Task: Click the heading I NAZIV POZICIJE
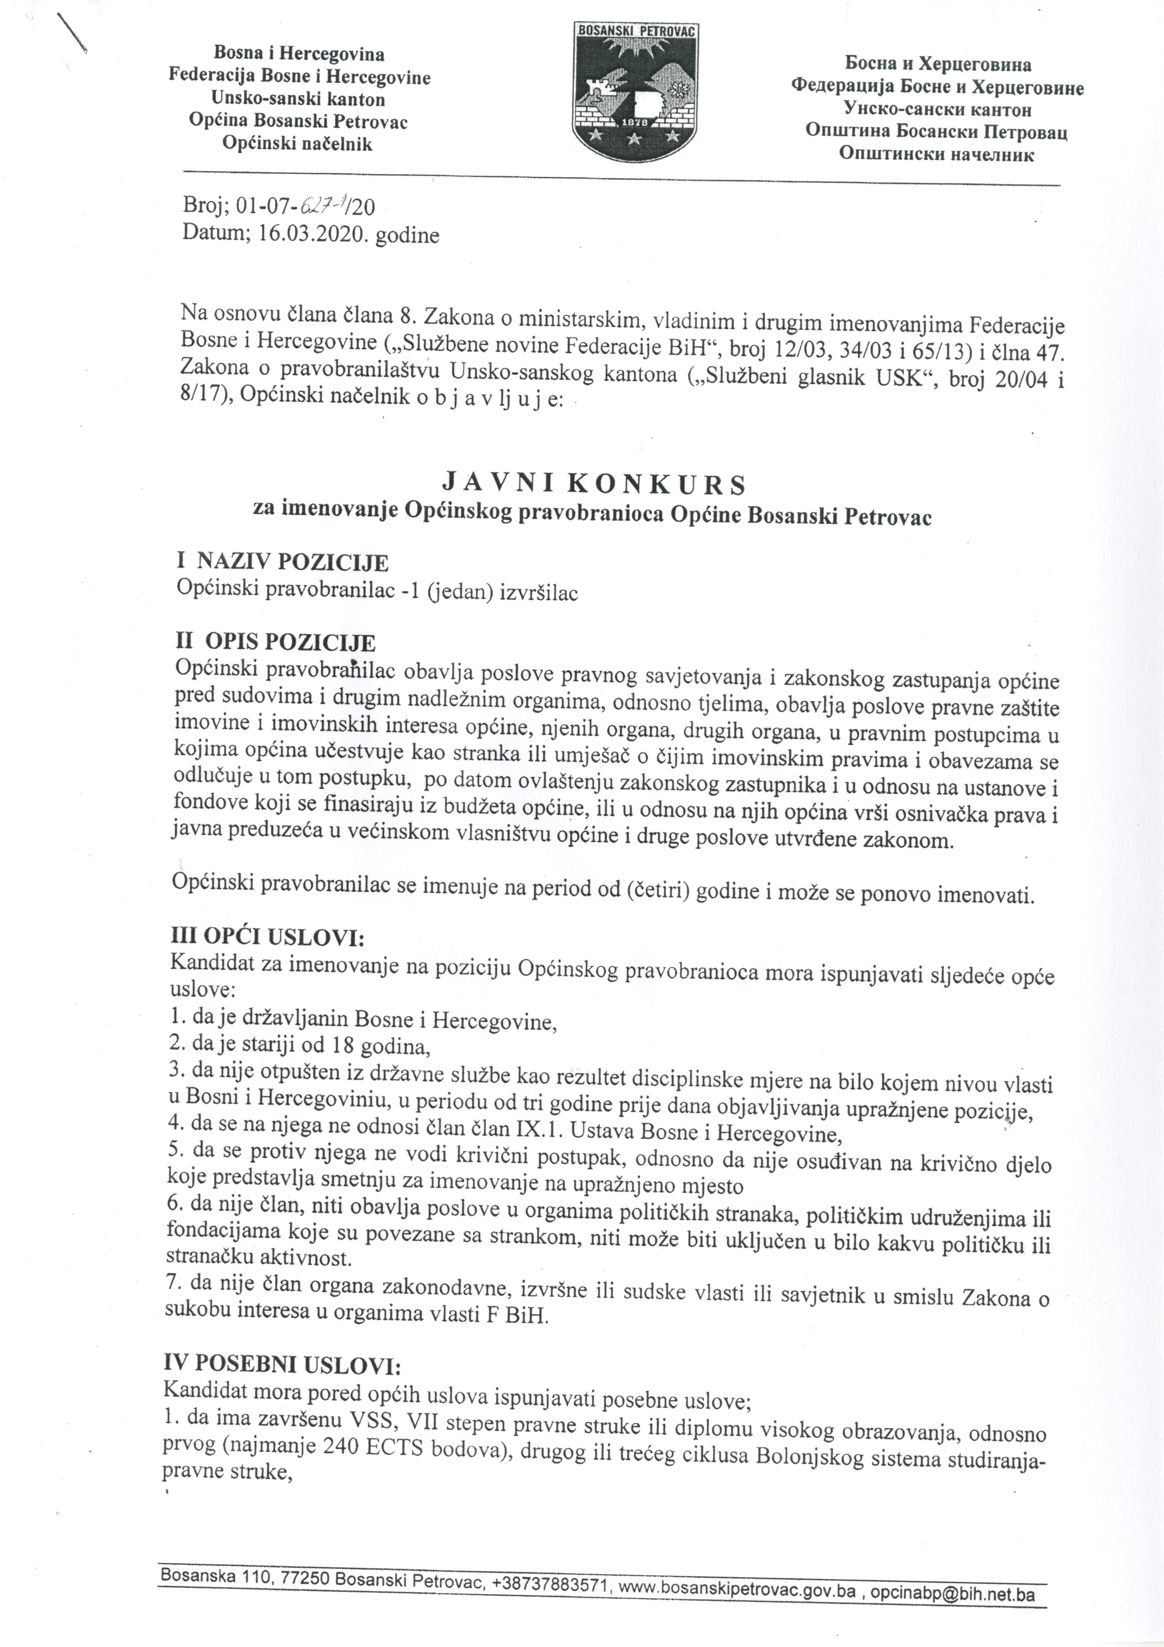coord(283,562)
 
